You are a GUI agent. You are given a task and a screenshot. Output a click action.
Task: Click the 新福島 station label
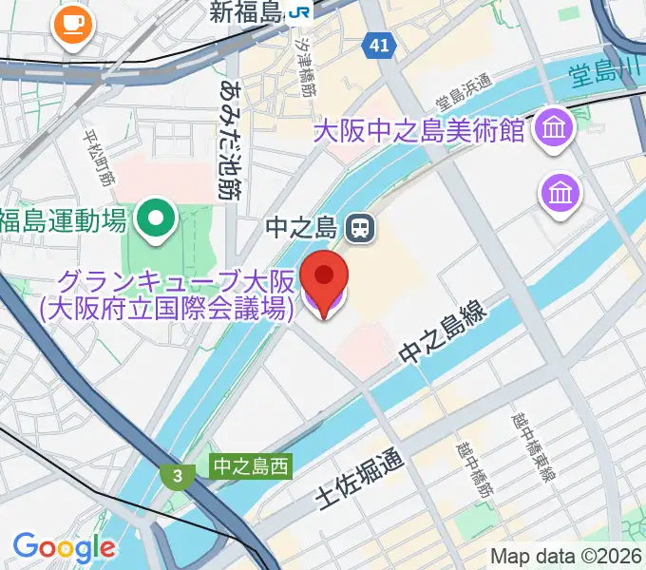[x=245, y=12]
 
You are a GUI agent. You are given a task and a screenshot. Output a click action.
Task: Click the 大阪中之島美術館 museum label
[x=419, y=130]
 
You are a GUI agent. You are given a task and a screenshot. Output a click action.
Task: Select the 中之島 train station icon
[x=359, y=227]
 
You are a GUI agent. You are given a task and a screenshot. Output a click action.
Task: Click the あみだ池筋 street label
[x=227, y=139]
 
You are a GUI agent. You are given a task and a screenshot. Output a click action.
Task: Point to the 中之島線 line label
[x=444, y=338]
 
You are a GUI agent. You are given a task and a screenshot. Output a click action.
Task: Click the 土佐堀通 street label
[x=359, y=481]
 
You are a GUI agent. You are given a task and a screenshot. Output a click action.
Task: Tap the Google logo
[x=64, y=546]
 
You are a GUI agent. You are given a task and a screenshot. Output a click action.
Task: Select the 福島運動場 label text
[x=64, y=221]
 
